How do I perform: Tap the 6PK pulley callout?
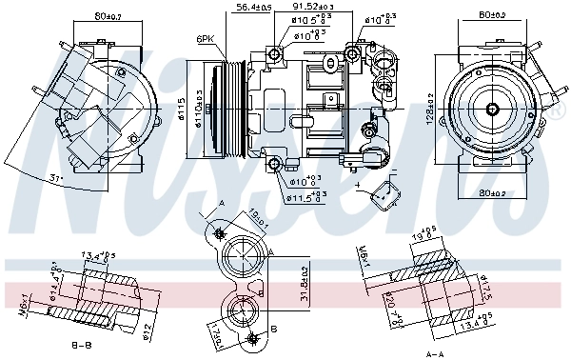click(205, 38)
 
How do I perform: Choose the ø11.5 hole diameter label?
click(309, 195)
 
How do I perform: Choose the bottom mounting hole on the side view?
click(276, 165)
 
